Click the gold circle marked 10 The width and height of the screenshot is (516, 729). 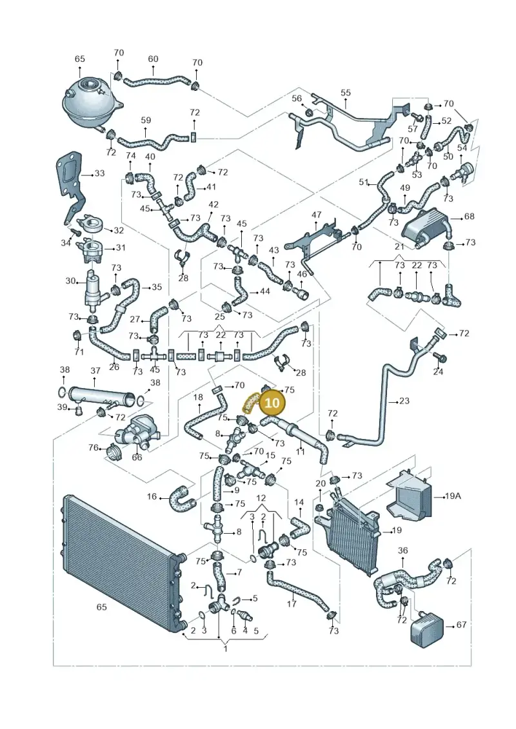coord(272,401)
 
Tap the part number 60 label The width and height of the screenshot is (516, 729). coord(153,59)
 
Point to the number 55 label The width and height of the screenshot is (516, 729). coord(345,93)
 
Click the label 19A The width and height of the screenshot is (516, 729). coord(453,496)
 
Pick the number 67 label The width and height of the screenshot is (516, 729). coord(461,625)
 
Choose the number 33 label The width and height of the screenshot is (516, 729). coord(99,173)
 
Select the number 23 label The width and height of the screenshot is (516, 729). coord(404,400)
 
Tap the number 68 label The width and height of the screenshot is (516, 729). coord(469,216)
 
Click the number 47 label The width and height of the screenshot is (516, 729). coord(317,215)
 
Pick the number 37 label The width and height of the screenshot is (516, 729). coord(95,371)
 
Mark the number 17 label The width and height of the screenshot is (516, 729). coord(292,604)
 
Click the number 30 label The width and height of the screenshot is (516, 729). coord(70,281)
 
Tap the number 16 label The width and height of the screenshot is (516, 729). coord(152,496)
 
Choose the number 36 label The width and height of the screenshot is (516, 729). coord(402,550)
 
